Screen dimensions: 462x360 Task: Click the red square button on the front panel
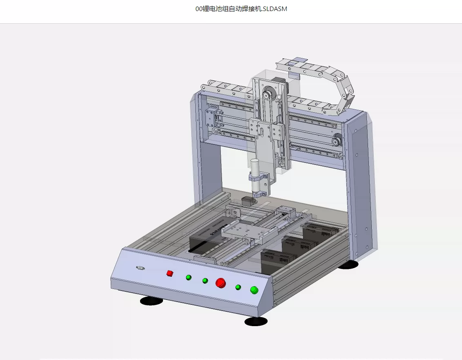tap(170, 273)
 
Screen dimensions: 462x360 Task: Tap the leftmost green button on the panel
tap(189, 277)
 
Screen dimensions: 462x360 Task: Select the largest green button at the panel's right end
tap(254, 290)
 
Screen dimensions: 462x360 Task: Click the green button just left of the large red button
tap(205, 281)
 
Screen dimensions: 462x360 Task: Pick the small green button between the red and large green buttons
tap(238, 287)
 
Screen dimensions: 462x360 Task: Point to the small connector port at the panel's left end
tap(141, 268)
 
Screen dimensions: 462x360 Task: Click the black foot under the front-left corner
tap(151, 301)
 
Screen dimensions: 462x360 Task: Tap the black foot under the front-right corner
tap(256, 322)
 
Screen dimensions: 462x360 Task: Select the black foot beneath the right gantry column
tap(348, 264)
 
